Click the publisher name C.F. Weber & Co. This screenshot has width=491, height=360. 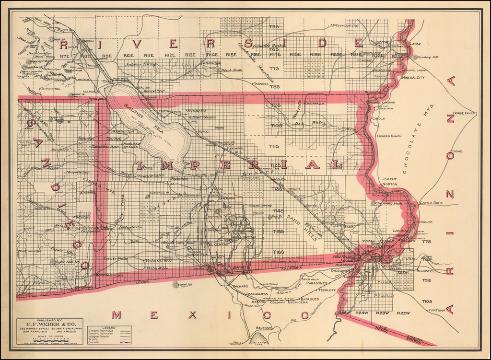[49, 325]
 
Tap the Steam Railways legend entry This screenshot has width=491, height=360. [101, 331]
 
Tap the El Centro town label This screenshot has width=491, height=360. [217, 244]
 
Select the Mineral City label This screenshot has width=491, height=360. [413, 77]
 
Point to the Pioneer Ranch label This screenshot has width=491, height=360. [389, 136]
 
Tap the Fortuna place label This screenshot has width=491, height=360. [437, 310]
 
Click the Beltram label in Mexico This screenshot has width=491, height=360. [264, 328]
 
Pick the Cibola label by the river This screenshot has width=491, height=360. [378, 118]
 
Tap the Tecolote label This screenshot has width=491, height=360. [327, 290]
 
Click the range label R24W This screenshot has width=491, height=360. [362, 313]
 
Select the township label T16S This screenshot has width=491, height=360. [278, 252]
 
